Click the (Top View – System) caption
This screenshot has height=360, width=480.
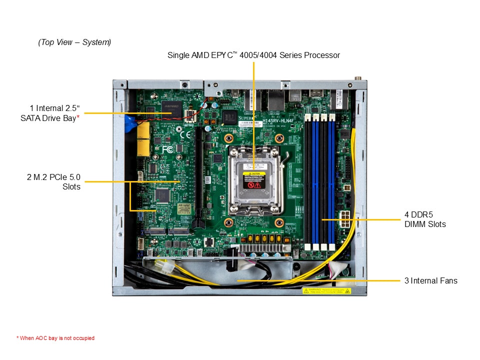[x=74, y=42]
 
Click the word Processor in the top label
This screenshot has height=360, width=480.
[x=322, y=55]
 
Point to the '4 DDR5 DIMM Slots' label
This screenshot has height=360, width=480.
[x=424, y=219]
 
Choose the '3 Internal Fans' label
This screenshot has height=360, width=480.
[x=430, y=280]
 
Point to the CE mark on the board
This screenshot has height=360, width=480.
[x=185, y=134]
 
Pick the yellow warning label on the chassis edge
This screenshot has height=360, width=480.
[x=326, y=290]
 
